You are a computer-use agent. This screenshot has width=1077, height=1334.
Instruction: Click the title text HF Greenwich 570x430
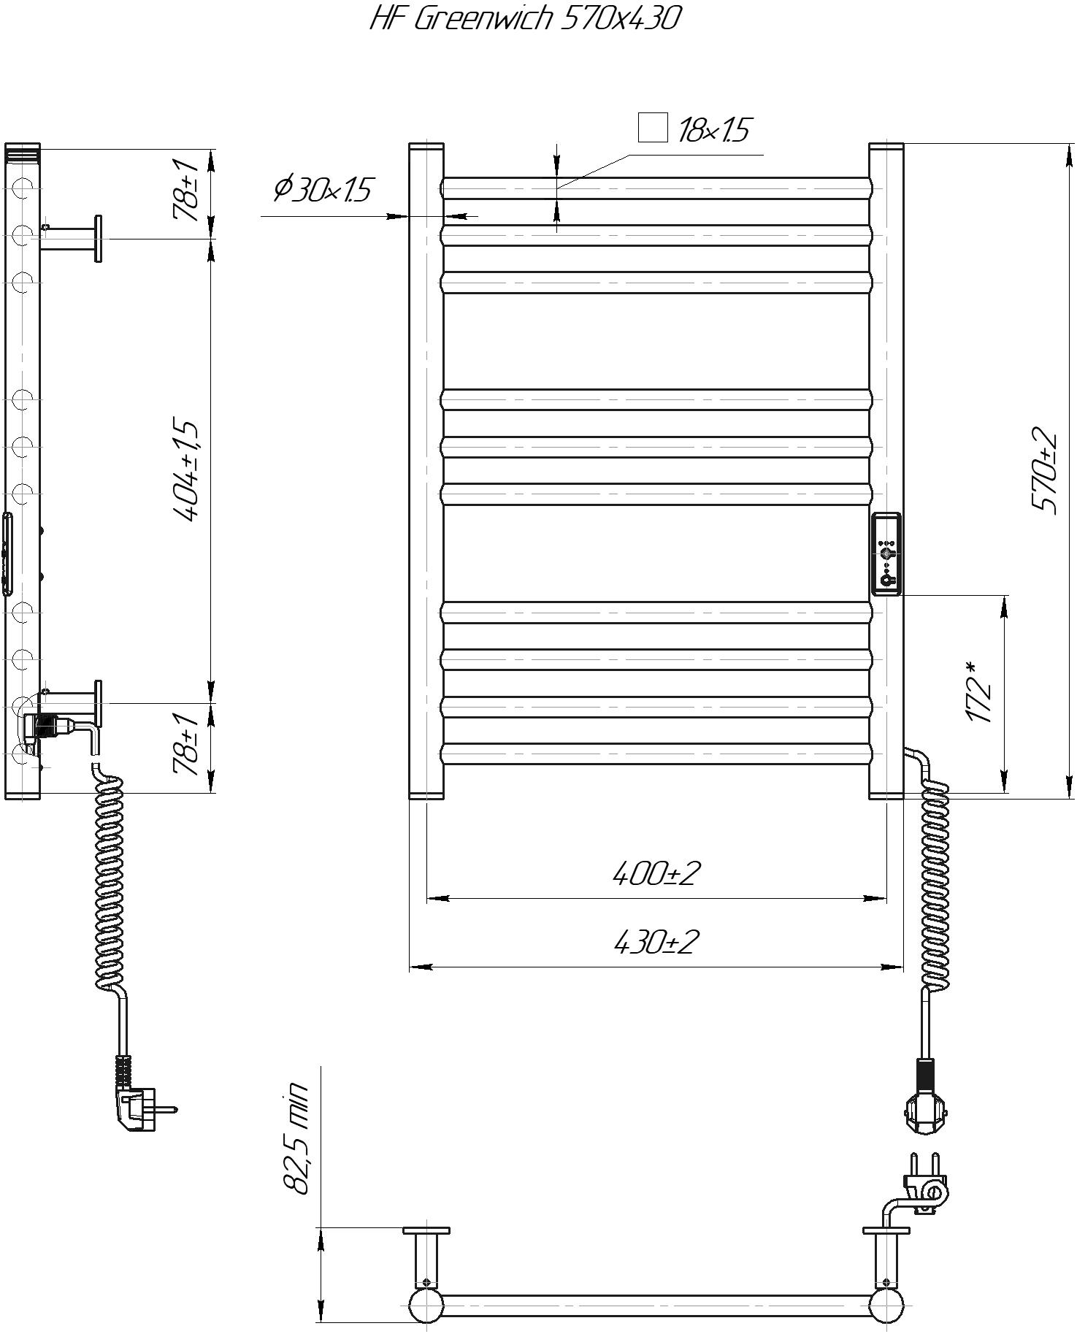point(525,18)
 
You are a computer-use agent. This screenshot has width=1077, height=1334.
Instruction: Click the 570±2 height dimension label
point(1043,471)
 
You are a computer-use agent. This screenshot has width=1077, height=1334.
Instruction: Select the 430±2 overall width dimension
point(656,941)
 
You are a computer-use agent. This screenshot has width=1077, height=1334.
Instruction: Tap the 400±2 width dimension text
point(656,873)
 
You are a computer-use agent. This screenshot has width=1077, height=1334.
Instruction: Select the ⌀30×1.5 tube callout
point(323,189)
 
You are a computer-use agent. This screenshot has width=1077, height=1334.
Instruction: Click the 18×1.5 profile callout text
point(713,131)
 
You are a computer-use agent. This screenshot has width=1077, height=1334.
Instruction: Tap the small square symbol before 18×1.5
point(653,128)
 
